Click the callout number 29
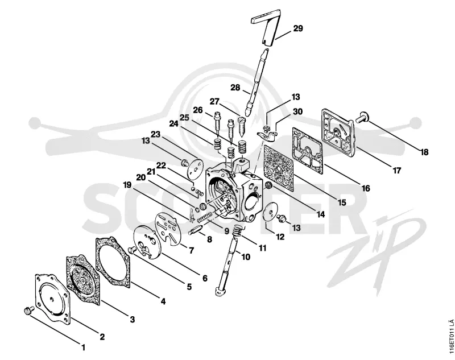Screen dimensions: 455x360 click(x=297, y=28)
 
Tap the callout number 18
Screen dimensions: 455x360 click(x=424, y=152)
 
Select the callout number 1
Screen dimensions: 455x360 click(x=84, y=347)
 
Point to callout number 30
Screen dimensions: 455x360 click(x=297, y=111)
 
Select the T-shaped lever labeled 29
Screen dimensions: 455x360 click(x=267, y=27)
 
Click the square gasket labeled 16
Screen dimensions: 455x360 click(x=308, y=151)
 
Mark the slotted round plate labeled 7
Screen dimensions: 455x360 click(x=168, y=228)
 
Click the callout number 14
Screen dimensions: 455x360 click(x=320, y=214)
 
